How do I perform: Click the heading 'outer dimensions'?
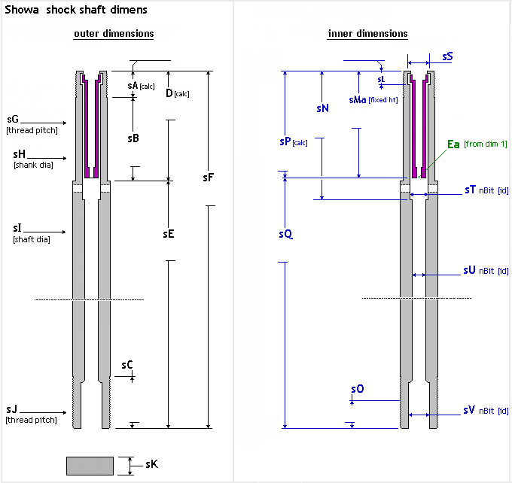point(114,34)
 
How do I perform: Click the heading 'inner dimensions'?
point(367,34)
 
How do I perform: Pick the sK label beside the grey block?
point(151,465)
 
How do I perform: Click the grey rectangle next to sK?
point(90,466)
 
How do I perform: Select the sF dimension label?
point(209,178)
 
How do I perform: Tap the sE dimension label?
point(169,234)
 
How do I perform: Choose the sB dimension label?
point(133,138)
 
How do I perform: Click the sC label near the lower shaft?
point(127,365)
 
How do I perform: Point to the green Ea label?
point(453,144)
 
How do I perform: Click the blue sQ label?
point(285,234)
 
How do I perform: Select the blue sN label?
point(322,108)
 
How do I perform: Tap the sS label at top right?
point(447,56)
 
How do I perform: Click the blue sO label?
point(358,389)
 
